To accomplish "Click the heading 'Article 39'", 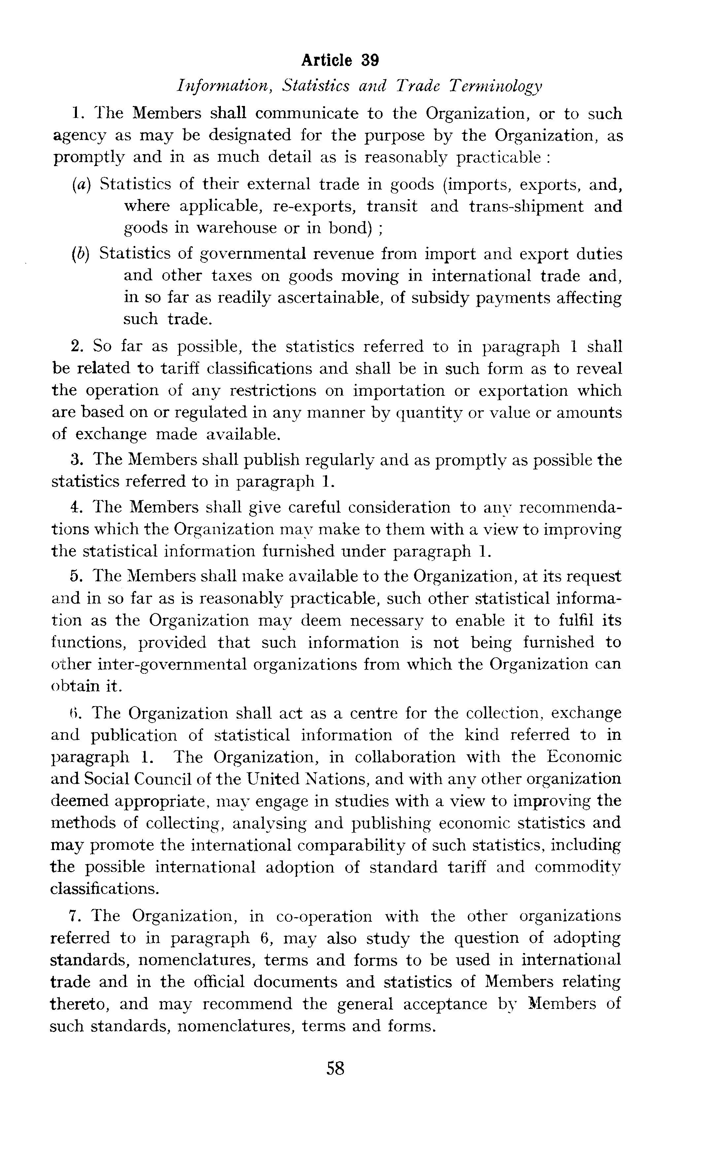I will pos(340,61).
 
